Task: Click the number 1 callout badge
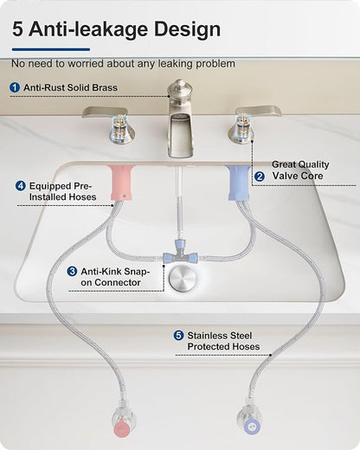pos(15,87)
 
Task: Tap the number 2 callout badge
pos(260,177)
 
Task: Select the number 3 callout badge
pos(72,272)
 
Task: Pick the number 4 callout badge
pos(20,186)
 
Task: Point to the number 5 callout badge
pos(178,336)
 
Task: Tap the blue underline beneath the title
pos(51,49)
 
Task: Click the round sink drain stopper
pos(183,279)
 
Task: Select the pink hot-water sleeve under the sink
pos(121,183)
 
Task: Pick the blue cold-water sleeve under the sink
pos(238,183)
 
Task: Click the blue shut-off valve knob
pos(252,427)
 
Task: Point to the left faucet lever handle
pos(105,112)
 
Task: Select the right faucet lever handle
pos(259,112)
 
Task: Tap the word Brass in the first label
pos(105,87)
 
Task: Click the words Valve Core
pos(298,176)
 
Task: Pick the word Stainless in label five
pos(205,336)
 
